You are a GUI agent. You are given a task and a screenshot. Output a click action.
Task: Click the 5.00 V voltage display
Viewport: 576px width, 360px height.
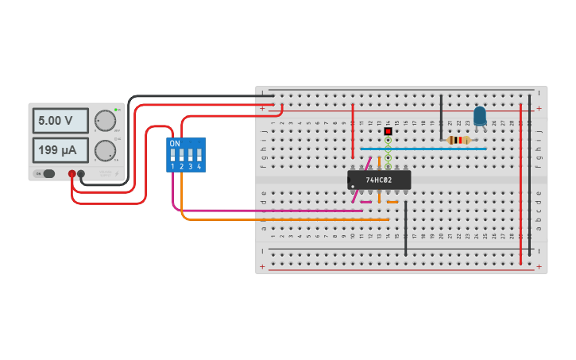60,121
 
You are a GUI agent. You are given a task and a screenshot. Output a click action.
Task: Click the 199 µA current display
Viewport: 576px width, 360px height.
60,149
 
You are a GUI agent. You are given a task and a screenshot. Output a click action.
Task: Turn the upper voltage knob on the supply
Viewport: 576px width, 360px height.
104,121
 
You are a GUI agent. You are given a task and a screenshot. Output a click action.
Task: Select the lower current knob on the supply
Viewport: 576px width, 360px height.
104,150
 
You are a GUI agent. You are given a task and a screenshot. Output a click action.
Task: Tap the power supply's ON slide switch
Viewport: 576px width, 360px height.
48,173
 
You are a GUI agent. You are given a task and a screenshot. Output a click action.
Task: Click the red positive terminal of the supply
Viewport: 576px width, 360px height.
72,173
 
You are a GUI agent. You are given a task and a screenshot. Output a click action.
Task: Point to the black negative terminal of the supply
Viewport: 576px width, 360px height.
81,173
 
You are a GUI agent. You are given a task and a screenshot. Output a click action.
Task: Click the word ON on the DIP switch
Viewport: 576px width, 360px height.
175,144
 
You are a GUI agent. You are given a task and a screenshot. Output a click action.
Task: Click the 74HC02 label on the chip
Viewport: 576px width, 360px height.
379,180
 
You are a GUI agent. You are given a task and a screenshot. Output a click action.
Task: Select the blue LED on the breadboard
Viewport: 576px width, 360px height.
479,116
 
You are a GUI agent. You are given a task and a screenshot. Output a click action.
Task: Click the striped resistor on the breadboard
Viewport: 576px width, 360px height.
458,141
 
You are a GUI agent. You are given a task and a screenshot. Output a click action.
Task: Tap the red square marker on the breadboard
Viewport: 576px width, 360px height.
388,131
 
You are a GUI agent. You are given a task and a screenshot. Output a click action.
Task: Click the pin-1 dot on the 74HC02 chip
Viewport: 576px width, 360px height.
352,186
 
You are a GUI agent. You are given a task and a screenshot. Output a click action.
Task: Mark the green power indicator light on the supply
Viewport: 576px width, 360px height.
116,109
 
